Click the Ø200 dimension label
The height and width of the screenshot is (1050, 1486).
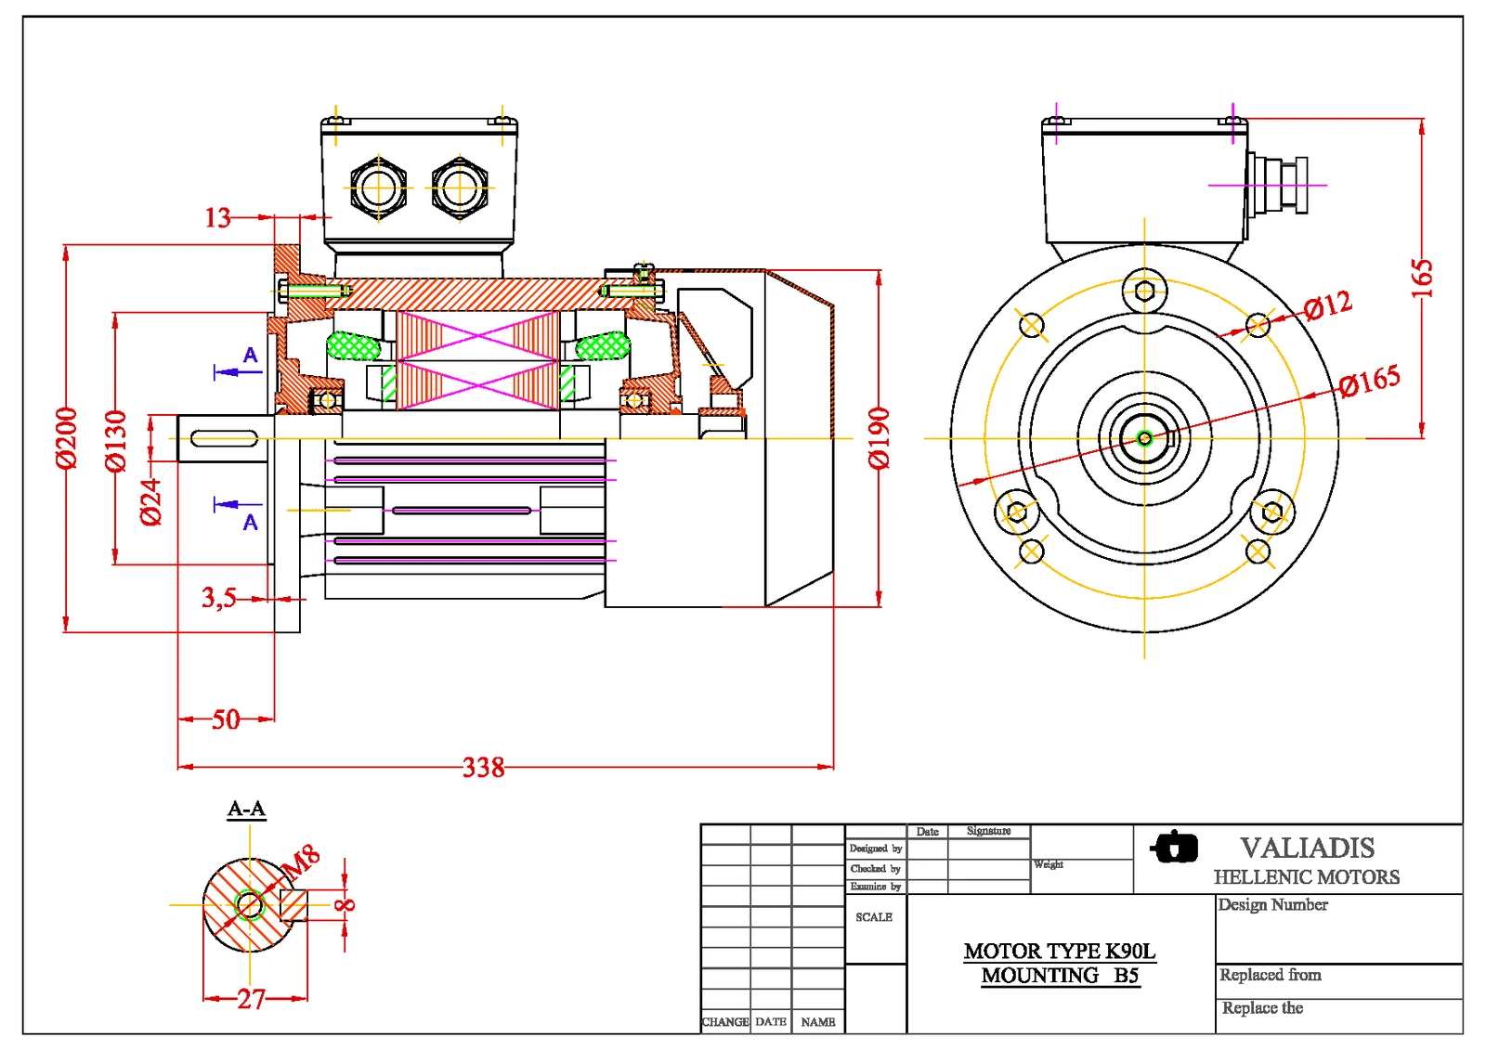click(x=66, y=438)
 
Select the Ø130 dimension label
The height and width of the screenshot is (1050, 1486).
click(x=115, y=441)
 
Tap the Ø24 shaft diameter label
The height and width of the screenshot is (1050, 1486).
click(x=150, y=502)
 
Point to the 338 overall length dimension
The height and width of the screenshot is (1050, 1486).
click(x=483, y=768)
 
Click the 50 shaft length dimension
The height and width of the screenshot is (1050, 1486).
click(x=226, y=719)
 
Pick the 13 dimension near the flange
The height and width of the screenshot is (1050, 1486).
click(x=217, y=218)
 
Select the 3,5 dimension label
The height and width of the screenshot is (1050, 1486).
click(x=219, y=597)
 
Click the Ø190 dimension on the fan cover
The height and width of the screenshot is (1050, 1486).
click(x=879, y=438)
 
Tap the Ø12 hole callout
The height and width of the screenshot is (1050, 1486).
click(x=1327, y=305)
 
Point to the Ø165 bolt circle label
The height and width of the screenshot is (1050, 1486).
click(x=1369, y=381)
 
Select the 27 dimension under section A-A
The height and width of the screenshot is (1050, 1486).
click(x=251, y=999)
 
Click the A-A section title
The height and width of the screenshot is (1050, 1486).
click(x=247, y=809)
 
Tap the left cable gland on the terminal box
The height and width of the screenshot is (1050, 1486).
click(x=378, y=188)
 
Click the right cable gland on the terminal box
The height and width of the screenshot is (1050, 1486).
click(x=460, y=188)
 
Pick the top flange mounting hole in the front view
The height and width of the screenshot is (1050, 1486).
click(x=1144, y=291)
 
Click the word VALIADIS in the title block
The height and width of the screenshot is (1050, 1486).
click(x=1307, y=848)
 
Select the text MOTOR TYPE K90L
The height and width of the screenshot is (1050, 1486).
click(x=1059, y=951)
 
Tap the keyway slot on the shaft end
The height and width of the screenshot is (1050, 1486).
click(x=224, y=438)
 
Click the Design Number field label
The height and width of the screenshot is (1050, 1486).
click(x=1272, y=904)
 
